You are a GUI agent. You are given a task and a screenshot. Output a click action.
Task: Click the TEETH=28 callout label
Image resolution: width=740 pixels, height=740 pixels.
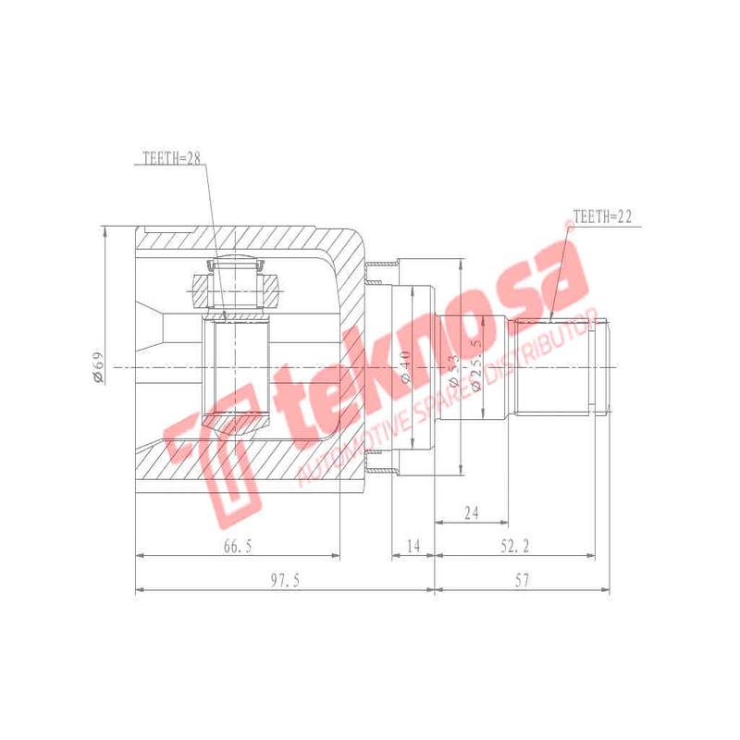pos(172,158)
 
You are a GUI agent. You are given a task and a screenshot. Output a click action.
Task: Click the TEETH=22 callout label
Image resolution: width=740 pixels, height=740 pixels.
pos(602,216)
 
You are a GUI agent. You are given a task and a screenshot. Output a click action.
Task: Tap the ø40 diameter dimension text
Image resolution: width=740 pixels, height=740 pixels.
pos(405,366)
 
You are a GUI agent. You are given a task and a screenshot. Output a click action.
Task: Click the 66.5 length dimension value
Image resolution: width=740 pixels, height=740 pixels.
pos(237,547)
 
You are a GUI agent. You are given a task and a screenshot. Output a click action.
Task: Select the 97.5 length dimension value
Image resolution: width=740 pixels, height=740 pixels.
pos(283,580)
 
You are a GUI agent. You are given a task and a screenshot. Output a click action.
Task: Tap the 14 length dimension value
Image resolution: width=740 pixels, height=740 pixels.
pos(413,547)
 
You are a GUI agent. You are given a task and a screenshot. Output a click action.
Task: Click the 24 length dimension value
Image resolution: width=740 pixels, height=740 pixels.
pos(472,512)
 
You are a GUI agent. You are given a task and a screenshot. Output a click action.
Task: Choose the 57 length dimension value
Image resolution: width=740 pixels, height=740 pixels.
pos(522,580)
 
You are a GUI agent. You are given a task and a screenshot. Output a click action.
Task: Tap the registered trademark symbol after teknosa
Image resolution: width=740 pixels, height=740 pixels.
pos(566,228)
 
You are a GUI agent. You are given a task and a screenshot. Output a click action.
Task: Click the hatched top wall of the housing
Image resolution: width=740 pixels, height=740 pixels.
pos(240,239)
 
